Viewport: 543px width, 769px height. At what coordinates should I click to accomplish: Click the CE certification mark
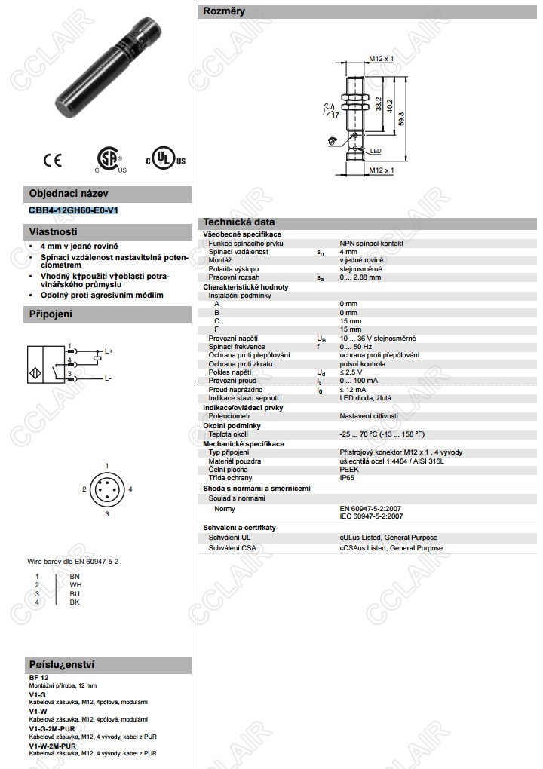53,159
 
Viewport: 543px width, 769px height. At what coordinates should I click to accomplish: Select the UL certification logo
165,158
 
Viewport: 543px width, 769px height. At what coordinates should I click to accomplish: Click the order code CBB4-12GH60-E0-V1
73,210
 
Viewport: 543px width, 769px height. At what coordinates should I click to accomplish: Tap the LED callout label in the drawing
376,152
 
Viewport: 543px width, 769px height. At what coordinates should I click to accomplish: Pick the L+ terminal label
109,351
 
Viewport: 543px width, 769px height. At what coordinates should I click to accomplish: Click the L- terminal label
109,378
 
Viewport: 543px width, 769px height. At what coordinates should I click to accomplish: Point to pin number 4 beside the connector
130,489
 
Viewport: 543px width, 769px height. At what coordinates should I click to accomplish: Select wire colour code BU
75,593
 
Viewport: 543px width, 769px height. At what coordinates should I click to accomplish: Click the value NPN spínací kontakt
371,244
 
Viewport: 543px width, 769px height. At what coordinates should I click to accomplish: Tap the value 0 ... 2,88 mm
360,277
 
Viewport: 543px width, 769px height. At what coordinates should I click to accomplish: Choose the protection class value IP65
347,477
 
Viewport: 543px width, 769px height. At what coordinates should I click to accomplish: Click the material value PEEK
348,469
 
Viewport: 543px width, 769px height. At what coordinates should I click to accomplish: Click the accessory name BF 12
38,678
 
